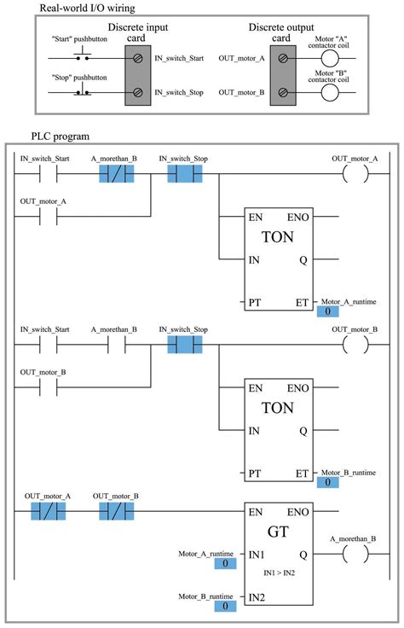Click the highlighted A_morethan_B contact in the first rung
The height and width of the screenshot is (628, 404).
pos(115,175)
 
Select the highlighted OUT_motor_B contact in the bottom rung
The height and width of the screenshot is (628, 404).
pos(116,512)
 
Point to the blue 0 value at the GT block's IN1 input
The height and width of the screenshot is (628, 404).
pos(225,564)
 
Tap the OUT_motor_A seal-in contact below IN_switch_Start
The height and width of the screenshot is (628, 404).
pos(43,217)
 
